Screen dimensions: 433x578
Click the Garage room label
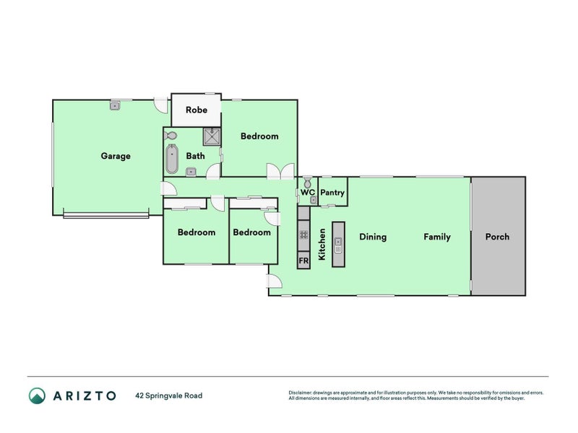tap(116, 156)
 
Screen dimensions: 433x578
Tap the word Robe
tap(196, 110)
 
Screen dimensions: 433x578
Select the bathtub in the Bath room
tap(171, 159)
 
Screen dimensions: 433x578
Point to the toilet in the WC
tap(307, 181)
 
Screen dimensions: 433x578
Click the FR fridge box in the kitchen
tap(303, 260)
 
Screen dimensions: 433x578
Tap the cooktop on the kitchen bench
tap(303, 235)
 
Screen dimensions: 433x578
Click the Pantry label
tap(332, 193)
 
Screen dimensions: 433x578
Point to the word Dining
tap(373, 237)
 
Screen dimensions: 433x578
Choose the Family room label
tap(437, 237)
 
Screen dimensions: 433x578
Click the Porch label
tap(497, 237)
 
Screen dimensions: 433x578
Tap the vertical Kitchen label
tap(322, 244)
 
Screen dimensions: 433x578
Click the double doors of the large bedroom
tap(280, 172)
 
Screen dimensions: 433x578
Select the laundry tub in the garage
tap(115, 106)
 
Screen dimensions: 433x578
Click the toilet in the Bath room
tap(171, 136)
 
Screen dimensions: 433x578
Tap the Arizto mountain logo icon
tap(37, 395)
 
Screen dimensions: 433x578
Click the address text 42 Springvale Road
tap(168, 395)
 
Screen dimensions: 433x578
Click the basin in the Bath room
tap(190, 171)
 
